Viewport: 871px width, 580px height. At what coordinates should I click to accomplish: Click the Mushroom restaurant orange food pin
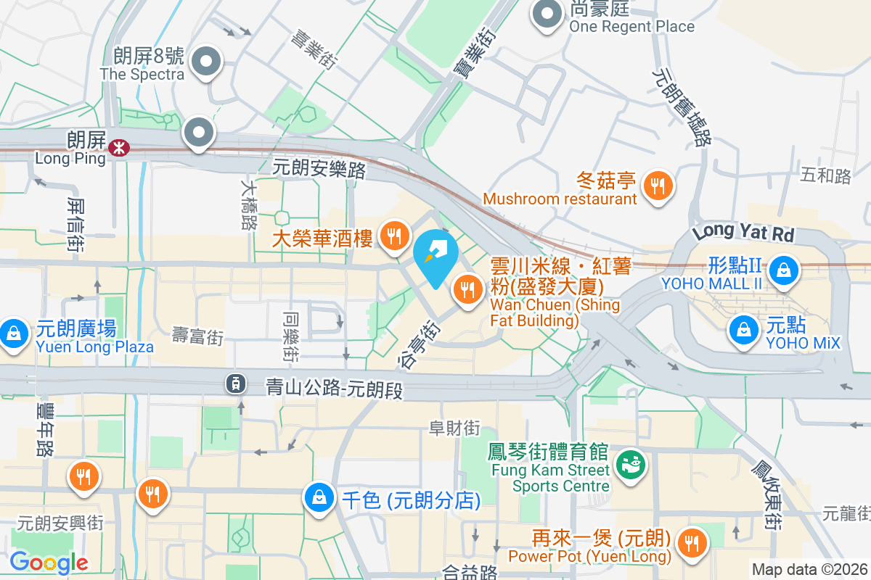click(658, 186)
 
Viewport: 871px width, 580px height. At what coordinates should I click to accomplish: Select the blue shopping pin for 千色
click(319, 499)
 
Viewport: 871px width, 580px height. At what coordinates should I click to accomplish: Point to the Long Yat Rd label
click(743, 233)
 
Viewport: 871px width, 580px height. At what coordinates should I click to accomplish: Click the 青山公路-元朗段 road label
click(334, 389)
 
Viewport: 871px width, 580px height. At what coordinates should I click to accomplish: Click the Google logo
click(49, 563)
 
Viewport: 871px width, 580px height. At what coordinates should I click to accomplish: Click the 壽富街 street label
click(197, 336)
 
